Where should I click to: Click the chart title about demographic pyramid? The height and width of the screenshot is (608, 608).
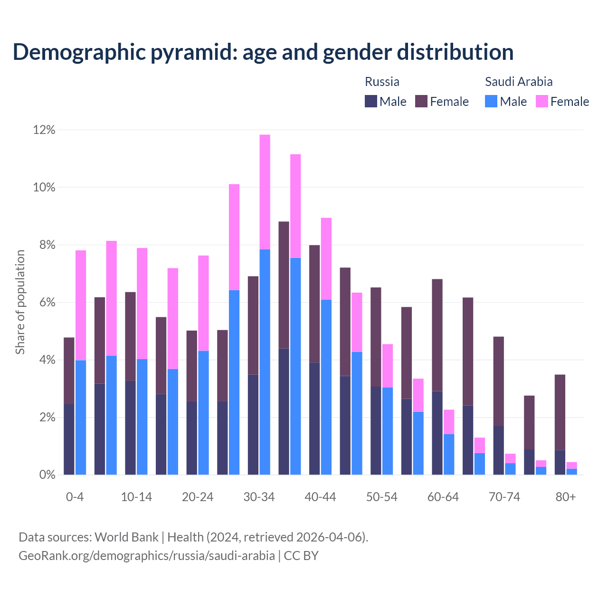263,52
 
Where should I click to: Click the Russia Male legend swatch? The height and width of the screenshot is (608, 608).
371,101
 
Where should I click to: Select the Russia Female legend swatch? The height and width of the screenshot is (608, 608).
421,101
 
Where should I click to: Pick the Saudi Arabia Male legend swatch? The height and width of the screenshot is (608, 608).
491,101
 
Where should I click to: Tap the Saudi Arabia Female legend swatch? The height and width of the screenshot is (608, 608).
541,101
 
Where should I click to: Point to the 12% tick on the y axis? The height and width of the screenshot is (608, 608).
44,130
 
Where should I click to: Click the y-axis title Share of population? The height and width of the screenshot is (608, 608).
20,302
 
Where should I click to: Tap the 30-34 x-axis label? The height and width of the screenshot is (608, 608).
259,497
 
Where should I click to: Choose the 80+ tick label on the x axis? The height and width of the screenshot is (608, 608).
566,497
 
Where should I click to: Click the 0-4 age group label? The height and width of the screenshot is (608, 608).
75,497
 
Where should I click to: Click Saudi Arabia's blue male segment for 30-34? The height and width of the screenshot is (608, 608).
265,361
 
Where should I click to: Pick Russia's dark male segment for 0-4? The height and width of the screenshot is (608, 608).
69,439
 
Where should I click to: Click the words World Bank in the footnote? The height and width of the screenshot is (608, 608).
126,537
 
